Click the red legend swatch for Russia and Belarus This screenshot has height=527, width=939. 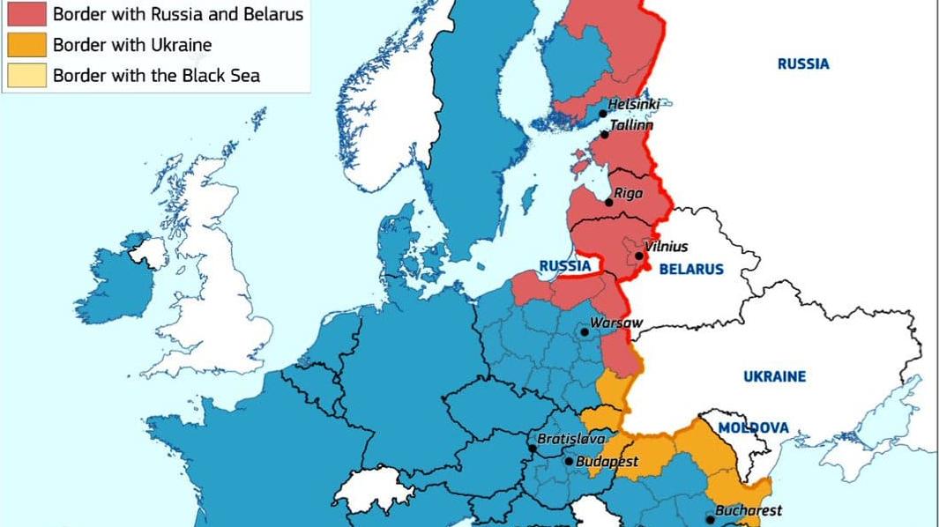(26, 14)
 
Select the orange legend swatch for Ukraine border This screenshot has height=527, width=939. (26, 45)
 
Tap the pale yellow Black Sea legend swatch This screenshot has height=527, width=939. (26, 75)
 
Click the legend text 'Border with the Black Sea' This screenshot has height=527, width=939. (156, 75)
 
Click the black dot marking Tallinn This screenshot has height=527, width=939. (604, 134)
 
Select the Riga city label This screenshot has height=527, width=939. (629, 193)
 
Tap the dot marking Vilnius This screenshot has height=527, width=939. (638, 256)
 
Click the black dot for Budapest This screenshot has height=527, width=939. (569, 461)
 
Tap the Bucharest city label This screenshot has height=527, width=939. (748, 510)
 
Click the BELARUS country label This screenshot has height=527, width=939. (690, 270)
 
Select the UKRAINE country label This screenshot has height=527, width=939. (774, 376)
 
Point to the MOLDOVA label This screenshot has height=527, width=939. (753, 427)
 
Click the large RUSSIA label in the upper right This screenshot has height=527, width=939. (802, 63)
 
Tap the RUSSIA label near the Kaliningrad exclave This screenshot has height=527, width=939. (564, 265)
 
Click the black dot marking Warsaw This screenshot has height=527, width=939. (584, 332)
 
